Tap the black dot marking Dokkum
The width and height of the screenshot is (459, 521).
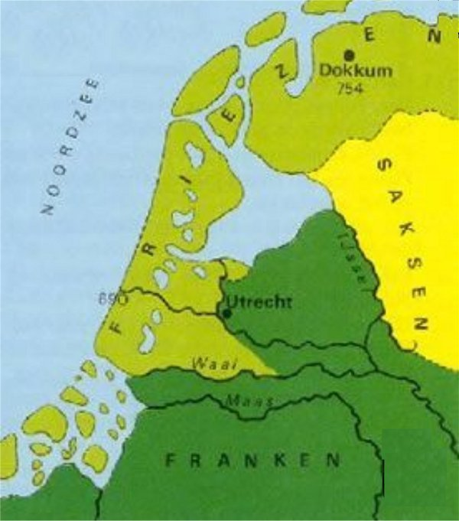(x=350, y=56)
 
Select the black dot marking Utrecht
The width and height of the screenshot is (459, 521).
(x=226, y=312)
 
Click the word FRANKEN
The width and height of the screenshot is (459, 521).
(x=252, y=461)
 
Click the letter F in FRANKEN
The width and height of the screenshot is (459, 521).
(x=174, y=461)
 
